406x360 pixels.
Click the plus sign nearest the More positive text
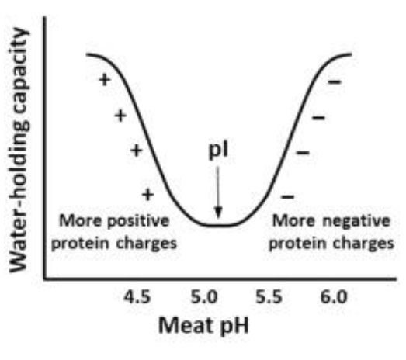click(x=148, y=192)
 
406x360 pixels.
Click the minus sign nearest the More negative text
click(x=288, y=194)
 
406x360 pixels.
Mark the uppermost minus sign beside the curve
click(x=335, y=81)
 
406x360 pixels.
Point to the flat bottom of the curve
click(x=218, y=224)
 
